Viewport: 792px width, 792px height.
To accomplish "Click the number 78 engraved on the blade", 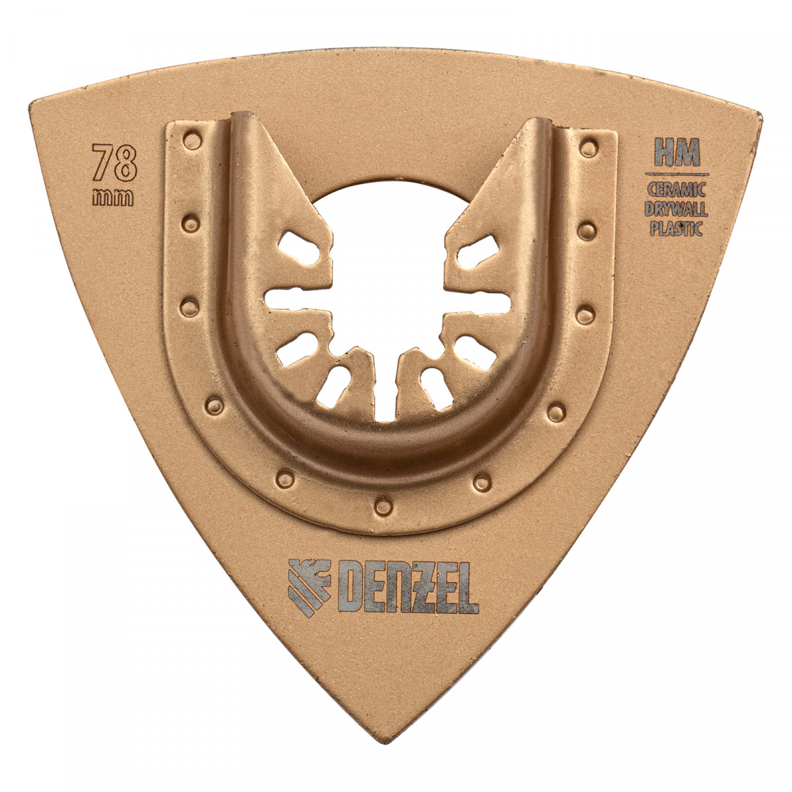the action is tap(114, 162).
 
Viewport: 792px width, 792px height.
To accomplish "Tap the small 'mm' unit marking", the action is tap(113, 198).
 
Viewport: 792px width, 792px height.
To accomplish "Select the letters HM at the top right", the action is tap(677, 152).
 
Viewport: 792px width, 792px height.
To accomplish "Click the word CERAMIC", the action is tap(676, 189).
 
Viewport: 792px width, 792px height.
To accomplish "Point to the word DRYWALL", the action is tap(676, 209).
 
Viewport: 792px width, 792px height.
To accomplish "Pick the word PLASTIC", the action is tap(676, 228).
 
